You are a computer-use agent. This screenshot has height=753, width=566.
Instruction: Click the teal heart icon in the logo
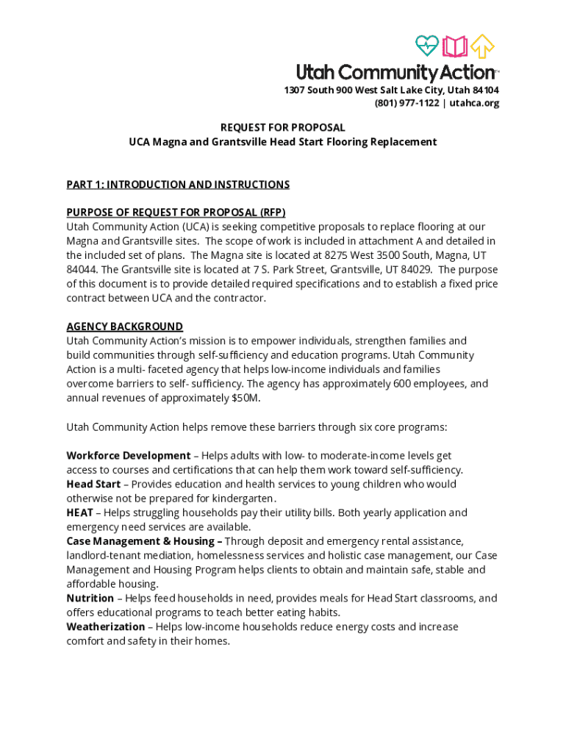[x=426, y=46]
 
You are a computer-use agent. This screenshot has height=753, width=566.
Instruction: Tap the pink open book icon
[x=455, y=46]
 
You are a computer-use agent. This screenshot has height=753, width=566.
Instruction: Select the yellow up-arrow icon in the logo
[x=482, y=46]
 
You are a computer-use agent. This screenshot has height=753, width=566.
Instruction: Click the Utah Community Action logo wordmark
[x=395, y=72]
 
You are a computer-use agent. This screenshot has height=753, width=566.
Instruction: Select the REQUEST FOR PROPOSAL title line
[x=283, y=127]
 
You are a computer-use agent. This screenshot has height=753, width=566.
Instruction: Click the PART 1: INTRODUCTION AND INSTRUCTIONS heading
[x=178, y=185]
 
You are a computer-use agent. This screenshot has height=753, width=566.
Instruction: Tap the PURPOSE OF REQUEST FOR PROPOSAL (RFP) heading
[x=176, y=213]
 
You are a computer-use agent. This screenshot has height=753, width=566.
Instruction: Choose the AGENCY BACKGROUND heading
[x=125, y=326]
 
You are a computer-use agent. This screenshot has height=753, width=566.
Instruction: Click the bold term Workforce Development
[x=129, y=455]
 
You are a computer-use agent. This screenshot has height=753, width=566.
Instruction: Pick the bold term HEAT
[x=79, y=513]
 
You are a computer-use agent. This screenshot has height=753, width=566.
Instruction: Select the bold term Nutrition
[x=90, y=598]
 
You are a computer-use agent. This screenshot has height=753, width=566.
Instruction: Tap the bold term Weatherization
[x=106, y=627]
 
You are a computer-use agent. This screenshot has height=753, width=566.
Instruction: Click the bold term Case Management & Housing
[x=140, y=541]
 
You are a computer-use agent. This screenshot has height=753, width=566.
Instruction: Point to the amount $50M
[x=246, y=398]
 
